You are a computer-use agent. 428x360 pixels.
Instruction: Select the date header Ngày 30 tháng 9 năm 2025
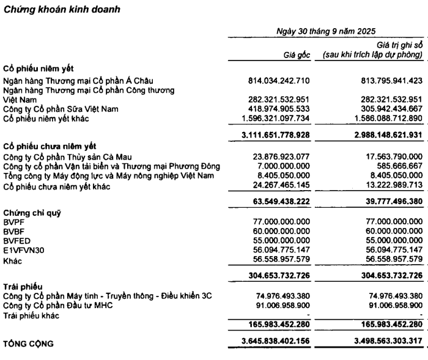[x=325, y=31]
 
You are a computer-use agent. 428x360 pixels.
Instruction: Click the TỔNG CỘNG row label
[x=29, y=343]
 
